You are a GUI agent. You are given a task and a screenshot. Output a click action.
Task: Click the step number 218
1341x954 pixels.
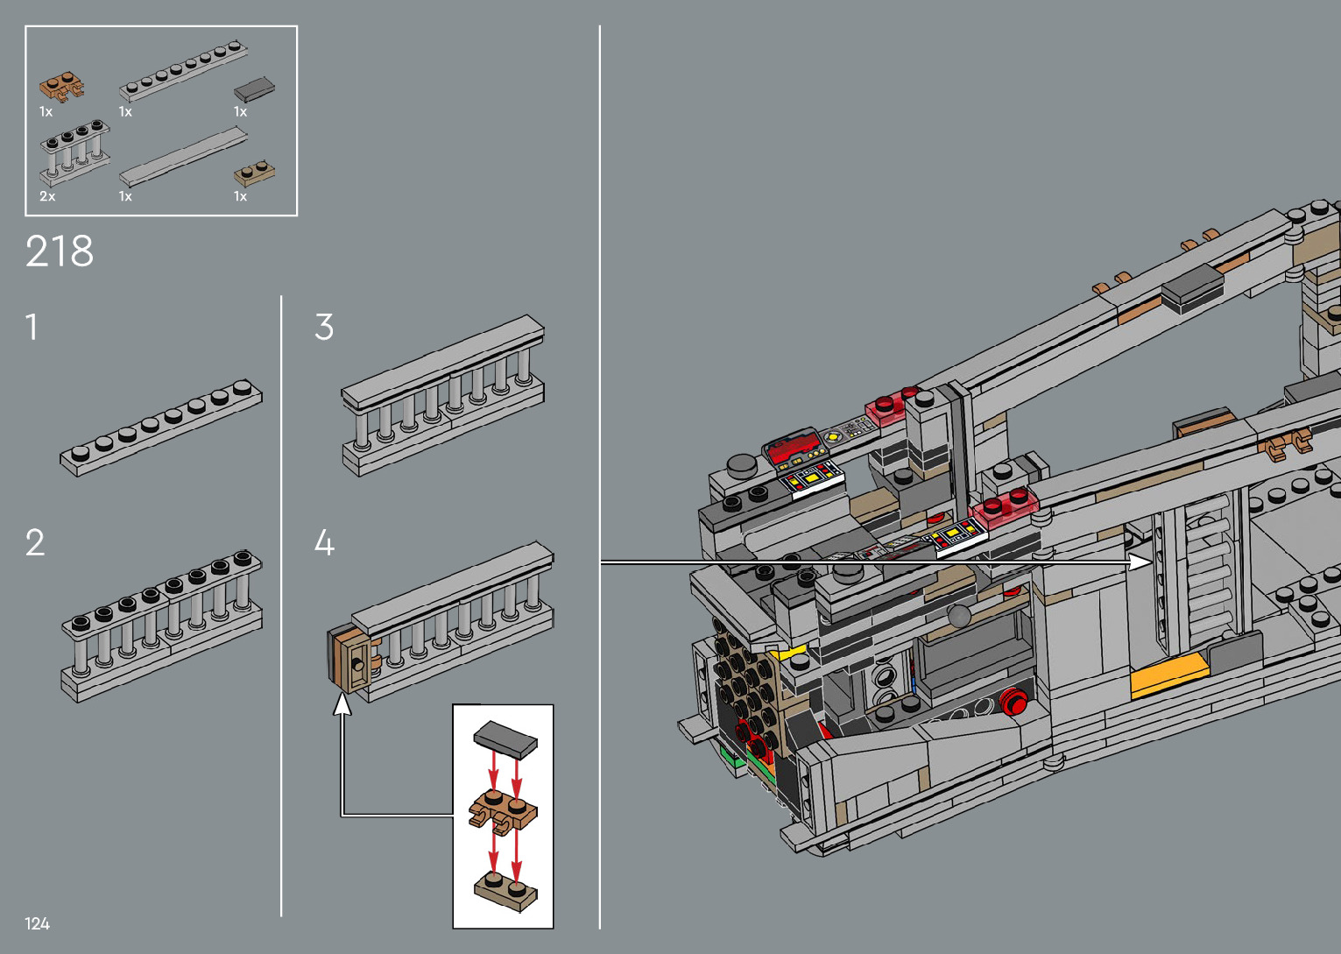60,251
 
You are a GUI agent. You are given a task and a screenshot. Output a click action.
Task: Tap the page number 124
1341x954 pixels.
37,923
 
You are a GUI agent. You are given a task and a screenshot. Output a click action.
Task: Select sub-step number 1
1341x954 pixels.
32,327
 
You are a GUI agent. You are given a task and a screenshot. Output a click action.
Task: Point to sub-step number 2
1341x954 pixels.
35,542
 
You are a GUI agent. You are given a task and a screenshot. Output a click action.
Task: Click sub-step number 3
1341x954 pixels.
324,327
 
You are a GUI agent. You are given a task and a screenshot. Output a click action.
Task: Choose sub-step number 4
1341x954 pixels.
324,542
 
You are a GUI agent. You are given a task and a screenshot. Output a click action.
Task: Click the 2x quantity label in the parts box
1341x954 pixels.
47,196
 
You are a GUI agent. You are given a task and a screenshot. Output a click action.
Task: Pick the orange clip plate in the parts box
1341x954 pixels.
61,88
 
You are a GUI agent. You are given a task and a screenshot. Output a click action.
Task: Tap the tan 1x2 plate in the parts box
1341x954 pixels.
254,173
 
